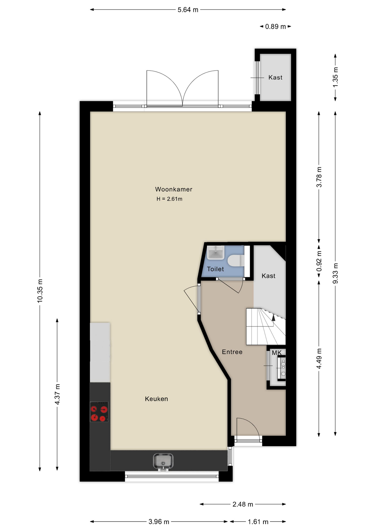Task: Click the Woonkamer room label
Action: point(173,189)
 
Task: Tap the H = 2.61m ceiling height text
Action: point(169,199)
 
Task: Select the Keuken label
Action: point(156,399)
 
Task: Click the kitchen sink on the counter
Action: point(163,462)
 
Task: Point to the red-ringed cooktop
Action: point(99,412)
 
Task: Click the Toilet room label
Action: point(215,269)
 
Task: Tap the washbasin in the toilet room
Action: point(215,253)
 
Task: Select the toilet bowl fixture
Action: point(236,261)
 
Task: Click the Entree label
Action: point(232,352)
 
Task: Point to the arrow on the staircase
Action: point(273,318)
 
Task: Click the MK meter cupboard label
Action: point(277,353)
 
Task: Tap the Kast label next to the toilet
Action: point(268,276)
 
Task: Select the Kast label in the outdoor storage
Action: point(275,77)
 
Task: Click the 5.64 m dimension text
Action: point(188,10)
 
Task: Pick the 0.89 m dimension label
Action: point(275,27)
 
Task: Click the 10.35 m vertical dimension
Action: point(40,291)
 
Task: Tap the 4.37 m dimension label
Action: point(57,394)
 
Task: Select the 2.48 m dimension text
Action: point(243,504)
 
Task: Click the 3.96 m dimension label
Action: point(159,522)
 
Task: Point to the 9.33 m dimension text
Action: point(335,273)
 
